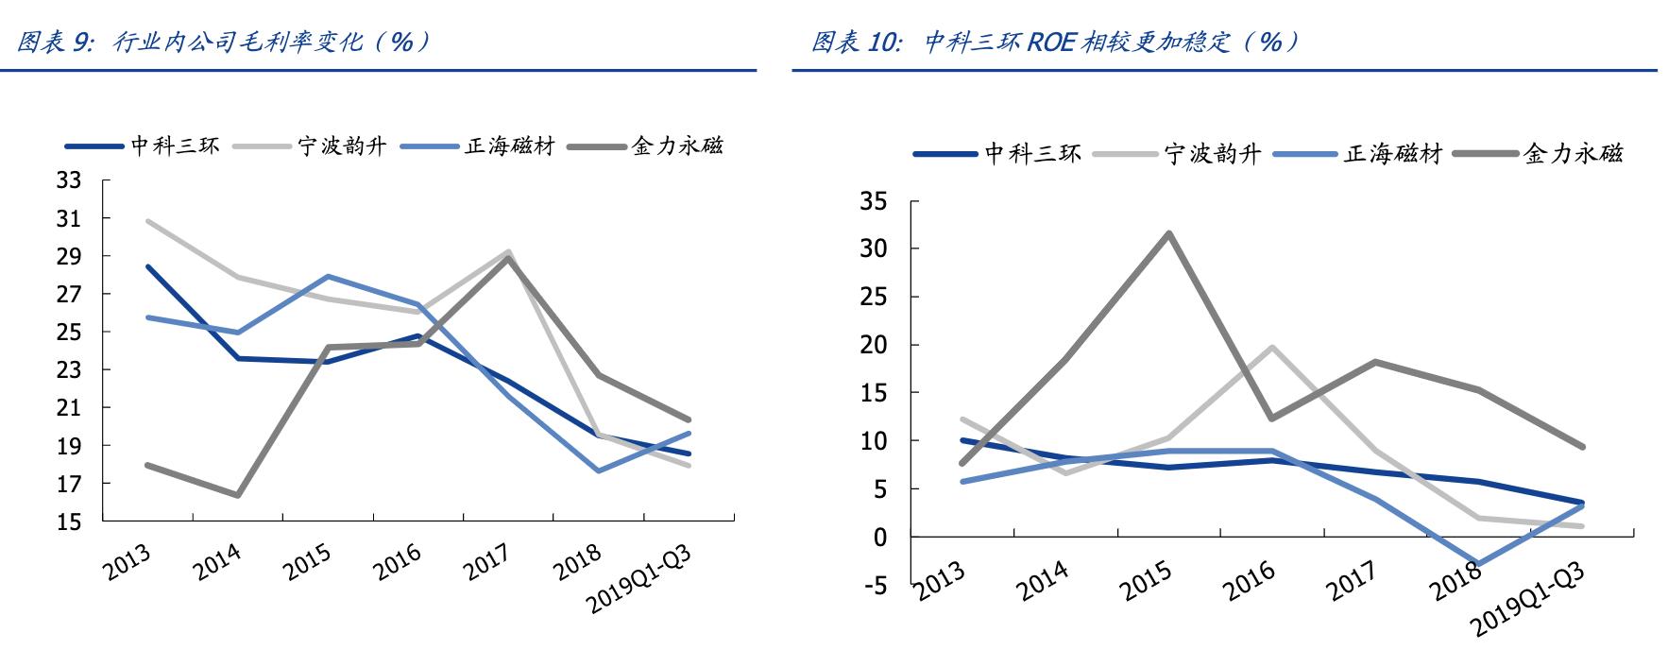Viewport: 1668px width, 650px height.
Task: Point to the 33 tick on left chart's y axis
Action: (70, 180)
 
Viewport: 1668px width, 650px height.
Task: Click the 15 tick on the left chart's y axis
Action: (70, 522)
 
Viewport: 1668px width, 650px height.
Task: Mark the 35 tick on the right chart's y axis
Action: (875, 201)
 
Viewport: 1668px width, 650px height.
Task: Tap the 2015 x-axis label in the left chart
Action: (307, 565)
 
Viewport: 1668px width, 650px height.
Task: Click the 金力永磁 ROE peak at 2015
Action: (1169, 232)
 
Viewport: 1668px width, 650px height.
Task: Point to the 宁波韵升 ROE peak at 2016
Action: (1272, 347)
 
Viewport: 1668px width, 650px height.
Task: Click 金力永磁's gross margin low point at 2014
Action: (238, 495)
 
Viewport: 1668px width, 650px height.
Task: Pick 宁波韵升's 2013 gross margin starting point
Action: (148, 221)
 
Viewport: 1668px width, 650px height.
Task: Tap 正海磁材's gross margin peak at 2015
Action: (328, 276)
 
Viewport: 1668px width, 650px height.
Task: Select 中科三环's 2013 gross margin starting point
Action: (148, 266)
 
